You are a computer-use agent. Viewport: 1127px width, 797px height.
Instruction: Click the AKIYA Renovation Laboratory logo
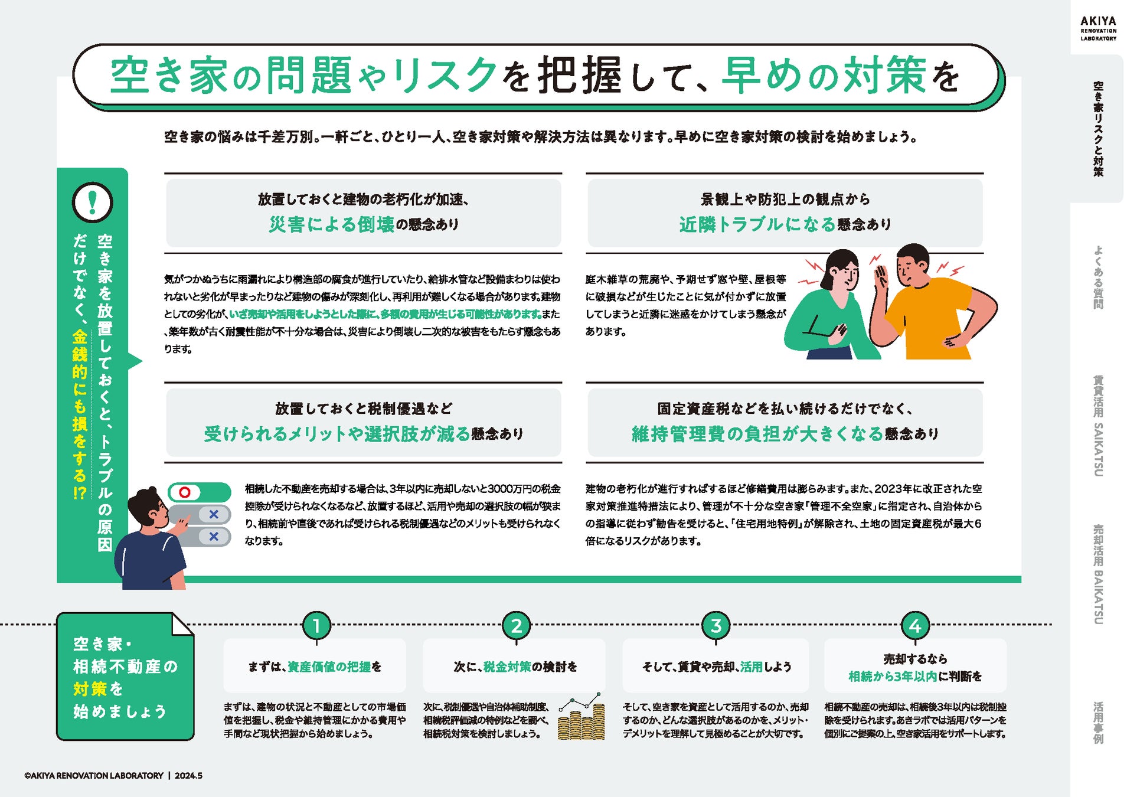pos(1098,28)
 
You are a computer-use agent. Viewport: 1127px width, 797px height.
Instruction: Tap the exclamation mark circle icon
pos(92,202)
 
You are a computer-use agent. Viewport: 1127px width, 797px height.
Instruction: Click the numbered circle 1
pos(316,626)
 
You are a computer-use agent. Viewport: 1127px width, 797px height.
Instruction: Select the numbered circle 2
pos(516,626)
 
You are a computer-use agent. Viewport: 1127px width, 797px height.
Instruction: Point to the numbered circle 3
pos(716,626)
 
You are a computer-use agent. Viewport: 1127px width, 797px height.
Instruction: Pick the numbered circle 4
pos(915,626)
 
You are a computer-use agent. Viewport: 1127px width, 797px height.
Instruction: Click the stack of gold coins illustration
pos(582,721)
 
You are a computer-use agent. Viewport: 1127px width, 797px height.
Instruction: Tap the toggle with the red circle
pos(199,492)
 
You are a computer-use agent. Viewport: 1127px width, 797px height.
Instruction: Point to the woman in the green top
pos(829,313)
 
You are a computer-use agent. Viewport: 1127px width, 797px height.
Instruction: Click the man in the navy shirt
pos(151,549)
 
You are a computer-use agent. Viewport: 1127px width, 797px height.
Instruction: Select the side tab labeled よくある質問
pos(1098,277)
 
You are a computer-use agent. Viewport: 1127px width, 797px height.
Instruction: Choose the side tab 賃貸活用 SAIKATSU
pos(1098,426)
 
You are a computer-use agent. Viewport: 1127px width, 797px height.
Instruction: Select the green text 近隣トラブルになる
pos(757,224)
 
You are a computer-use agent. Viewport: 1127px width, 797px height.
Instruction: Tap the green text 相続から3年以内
pos(893,677)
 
